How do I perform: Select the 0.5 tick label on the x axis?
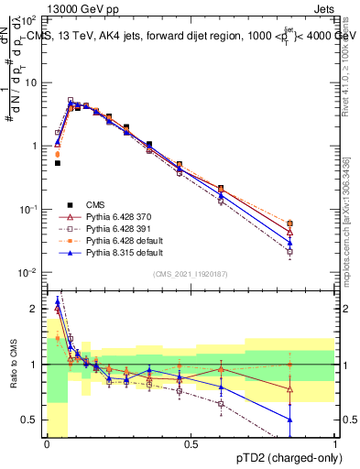point(191,444)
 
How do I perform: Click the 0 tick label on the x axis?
point(47,444)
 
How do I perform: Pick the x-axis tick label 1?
point(334,444)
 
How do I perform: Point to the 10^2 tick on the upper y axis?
point(29,19)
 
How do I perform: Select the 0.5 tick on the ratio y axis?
point(32,420)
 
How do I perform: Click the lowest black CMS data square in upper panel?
point(58,162)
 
